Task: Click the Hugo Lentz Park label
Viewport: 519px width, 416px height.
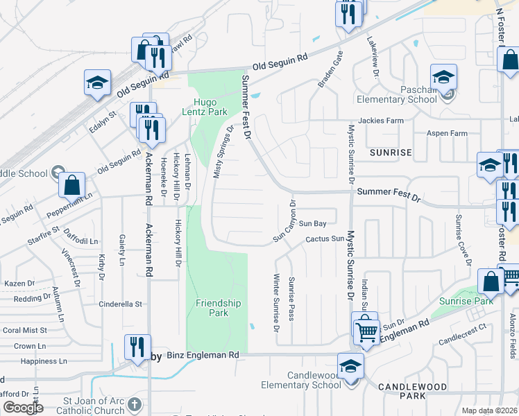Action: [205, 106]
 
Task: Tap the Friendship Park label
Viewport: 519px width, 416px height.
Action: [218, 308]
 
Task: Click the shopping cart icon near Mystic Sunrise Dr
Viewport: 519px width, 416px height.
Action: [366, 330]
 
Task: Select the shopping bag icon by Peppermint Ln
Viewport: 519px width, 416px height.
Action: [71, 185]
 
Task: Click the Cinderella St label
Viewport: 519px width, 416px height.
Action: [120, 304]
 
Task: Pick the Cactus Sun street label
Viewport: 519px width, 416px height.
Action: [325, 239]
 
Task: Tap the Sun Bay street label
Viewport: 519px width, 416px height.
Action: [312, 224]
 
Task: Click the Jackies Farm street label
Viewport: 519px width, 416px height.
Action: [386, 121]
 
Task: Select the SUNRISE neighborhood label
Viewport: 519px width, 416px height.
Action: [391, 151]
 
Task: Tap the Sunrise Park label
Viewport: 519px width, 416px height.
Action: [466, 301]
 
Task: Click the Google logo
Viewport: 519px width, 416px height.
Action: [23, 407]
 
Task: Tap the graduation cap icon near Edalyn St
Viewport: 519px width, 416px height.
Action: [97, 83]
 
